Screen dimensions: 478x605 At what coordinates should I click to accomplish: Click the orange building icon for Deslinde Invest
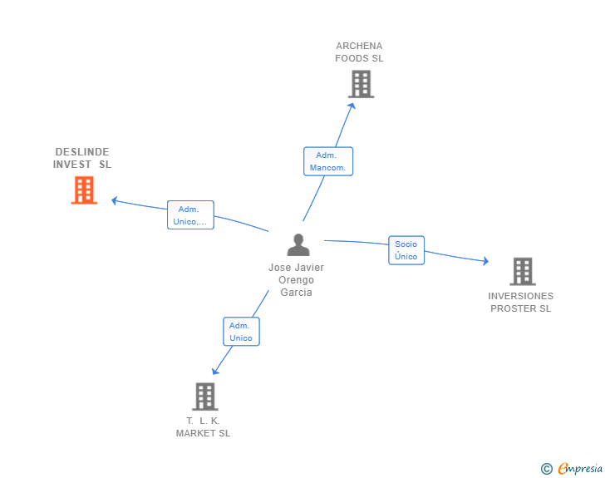[84, 190]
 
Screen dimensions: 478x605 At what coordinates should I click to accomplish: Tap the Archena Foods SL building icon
[361, 84]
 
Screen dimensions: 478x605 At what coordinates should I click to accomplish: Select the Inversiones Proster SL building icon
[522, 271]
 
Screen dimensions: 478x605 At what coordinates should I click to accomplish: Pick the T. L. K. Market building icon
[204, 397]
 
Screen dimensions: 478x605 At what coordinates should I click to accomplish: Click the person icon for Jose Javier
[298, 245]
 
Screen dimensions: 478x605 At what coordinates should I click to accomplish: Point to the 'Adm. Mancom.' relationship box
[327, 161]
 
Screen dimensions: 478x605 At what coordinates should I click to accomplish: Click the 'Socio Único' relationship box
[406, 250]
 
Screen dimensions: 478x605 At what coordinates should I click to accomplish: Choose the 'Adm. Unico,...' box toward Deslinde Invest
[190, 215]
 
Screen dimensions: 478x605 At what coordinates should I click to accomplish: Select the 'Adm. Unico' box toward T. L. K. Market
[241, 332]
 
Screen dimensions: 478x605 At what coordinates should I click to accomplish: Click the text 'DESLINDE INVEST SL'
[82, 158]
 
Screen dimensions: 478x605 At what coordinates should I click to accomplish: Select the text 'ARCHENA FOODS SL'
[359, 52]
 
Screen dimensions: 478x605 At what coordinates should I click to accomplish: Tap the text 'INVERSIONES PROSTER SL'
[520, 302]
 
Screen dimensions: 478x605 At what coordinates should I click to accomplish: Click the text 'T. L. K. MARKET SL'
[203, 426]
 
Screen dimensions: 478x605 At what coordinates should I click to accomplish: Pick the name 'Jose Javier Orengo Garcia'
[296, 280]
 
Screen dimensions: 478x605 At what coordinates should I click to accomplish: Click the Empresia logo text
[580, 469]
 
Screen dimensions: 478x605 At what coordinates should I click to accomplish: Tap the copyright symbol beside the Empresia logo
[546, 470]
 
